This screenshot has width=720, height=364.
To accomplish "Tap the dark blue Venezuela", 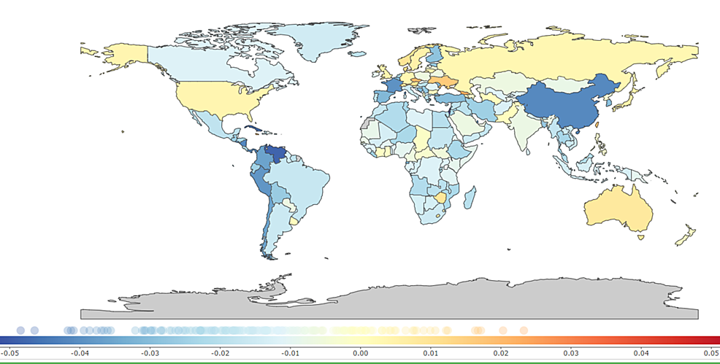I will coord(275,155).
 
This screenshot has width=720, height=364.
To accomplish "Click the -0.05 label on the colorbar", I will coord(9,353).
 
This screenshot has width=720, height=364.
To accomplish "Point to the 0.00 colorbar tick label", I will coord(360,353).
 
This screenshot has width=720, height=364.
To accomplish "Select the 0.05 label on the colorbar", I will coord(711,353).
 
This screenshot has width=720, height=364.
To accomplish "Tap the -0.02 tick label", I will coord(220,353).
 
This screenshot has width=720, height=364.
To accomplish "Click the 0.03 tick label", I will coord(570,353).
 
